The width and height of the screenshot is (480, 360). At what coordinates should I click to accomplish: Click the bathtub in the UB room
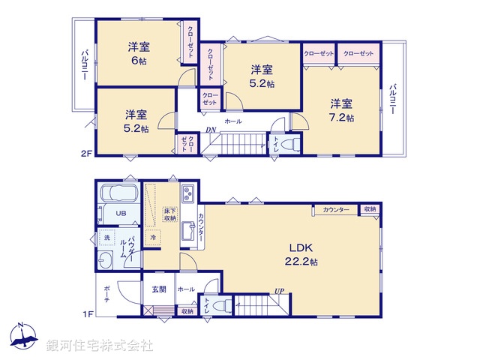click(118, 194)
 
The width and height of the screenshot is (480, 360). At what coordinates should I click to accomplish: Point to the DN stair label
click(213, 130)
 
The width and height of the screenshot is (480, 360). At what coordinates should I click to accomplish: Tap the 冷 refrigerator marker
click(152, 238)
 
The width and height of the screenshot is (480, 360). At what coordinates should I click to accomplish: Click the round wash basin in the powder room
click(104, 261)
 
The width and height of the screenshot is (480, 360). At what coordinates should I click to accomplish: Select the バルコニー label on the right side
click(392, 98)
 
